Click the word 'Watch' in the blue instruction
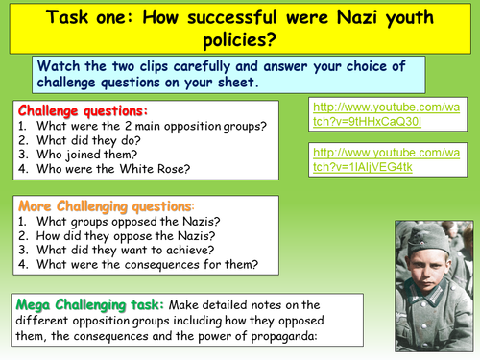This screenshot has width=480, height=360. pos(61,67)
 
